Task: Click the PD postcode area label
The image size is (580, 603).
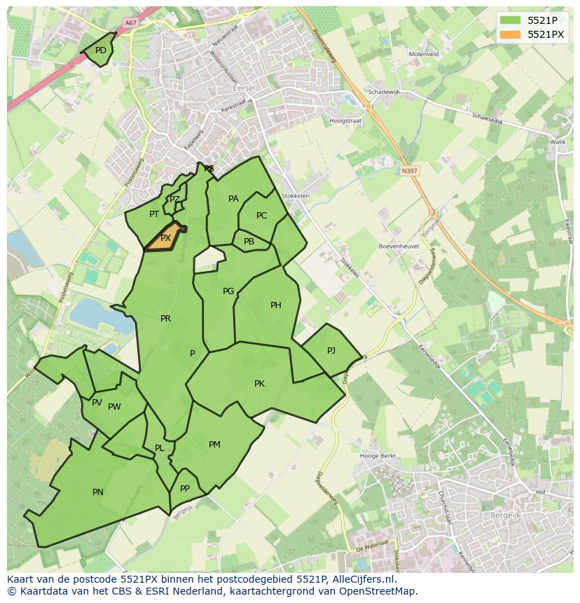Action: click(x=101, y=50)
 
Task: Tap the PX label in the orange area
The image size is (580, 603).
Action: click(x=165, y=238)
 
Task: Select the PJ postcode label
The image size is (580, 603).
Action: click(x=331, y=350)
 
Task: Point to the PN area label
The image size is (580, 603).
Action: click(x=98, y=492)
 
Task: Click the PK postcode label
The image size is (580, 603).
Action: click(x=259, y=384)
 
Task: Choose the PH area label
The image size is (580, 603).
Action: click(x=276, y=305)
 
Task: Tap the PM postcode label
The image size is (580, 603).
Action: click(x=214, y=445)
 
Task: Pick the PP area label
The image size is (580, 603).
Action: click(x=185, y=489)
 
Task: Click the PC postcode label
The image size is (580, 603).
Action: click(x=261, y=216)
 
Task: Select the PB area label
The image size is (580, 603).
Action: click(x=249, y=242)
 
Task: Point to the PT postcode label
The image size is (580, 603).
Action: click(x=154, y=214)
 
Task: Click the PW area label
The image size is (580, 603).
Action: click(x=114, y=407)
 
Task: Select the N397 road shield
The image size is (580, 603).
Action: click(x=409, y=170)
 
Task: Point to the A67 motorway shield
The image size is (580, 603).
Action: click(x=130, y=23)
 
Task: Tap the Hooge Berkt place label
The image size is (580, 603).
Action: click(x=378, y=456)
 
